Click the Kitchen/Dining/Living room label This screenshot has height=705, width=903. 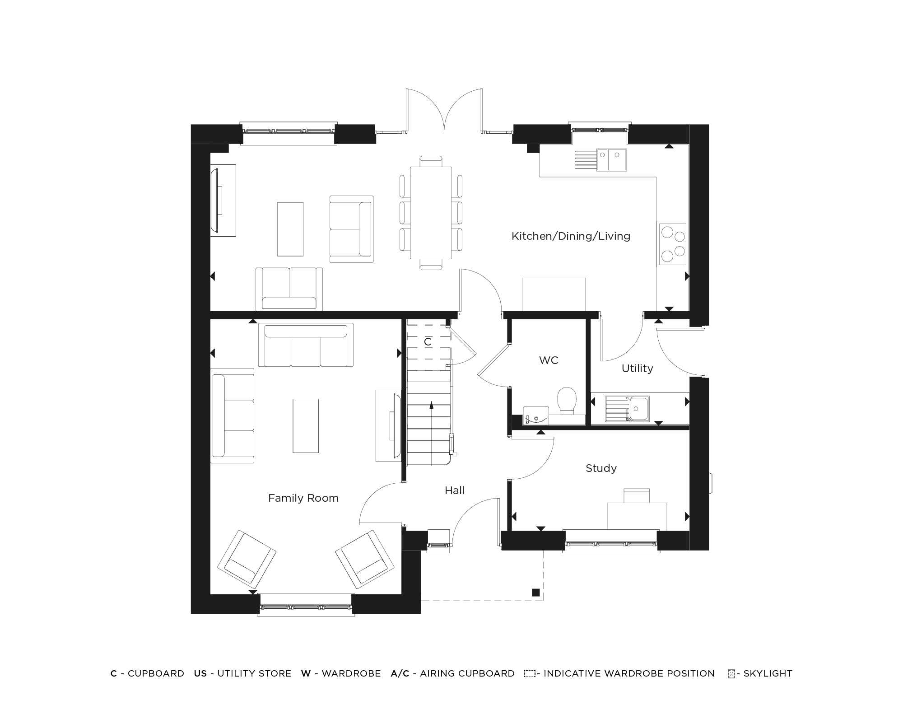[571, 236]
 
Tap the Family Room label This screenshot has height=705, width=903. [303, 498]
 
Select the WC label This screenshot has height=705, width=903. [549, 360]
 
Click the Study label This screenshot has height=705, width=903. [601, 468]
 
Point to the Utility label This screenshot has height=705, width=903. [637, 369]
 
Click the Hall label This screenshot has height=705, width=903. [454, 490]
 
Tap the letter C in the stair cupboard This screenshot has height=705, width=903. [428, 342]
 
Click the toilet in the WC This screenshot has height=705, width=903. [567, 400]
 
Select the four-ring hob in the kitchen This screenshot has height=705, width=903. [672, 244]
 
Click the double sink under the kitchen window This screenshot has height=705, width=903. [612, 160]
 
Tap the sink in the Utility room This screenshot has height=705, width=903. [638, 409]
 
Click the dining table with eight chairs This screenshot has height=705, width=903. [431, 213]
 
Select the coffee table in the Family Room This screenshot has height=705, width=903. [306, 425]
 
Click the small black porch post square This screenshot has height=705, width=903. [535, 593]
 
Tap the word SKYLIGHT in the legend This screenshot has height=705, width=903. [768, 673]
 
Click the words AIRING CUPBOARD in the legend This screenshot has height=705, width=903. [467, 673]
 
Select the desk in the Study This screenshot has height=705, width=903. [636, 516]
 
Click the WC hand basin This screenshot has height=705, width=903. [535, 416]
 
